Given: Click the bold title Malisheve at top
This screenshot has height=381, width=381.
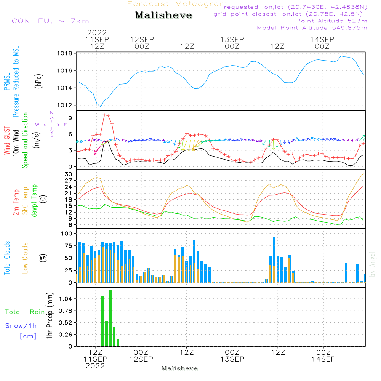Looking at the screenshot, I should point(164,16).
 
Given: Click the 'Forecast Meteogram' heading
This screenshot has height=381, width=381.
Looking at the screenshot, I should point(178,4).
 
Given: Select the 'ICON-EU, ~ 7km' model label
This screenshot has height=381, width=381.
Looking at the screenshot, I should point(49,21).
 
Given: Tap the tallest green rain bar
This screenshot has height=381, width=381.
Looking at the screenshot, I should point(110,318).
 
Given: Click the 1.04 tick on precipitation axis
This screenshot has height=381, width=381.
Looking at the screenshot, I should point(65,299).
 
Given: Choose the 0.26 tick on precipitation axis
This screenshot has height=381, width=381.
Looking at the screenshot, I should point(65,335).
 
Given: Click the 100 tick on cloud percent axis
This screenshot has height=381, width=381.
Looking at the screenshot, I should point(66,233).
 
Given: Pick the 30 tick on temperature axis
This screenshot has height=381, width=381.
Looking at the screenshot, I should point(69,174).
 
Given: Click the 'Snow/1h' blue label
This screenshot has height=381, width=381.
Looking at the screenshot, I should point(21,326).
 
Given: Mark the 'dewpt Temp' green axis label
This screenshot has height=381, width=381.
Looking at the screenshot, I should point(34,201).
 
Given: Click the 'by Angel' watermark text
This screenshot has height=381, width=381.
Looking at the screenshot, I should point(373,264).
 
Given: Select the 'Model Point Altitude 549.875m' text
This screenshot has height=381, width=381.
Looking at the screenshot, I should point(312,28).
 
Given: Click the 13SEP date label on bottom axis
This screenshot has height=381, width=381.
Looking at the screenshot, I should point(232,359).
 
